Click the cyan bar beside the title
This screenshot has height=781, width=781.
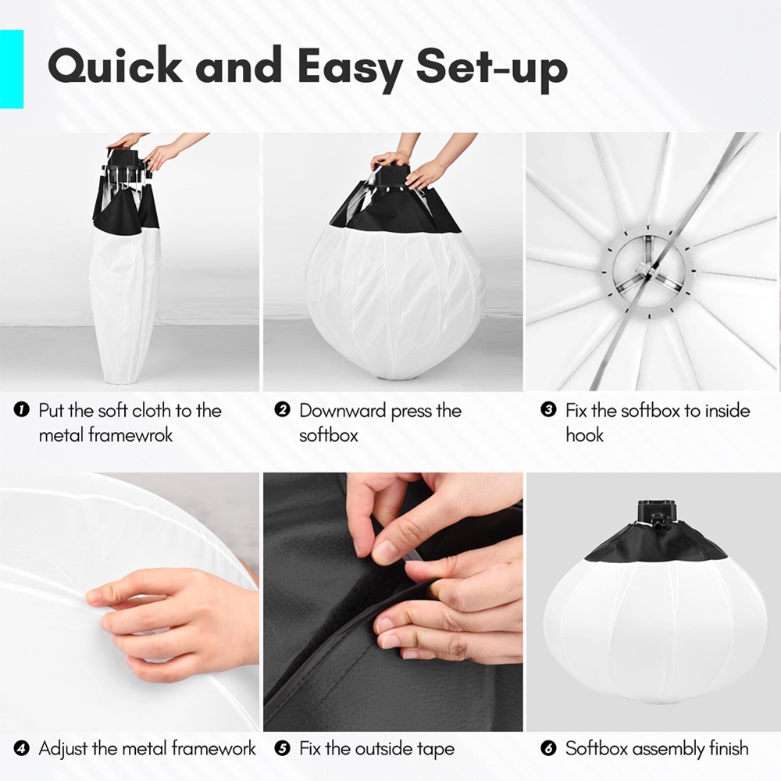(x=12, y=69)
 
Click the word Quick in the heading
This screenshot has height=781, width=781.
(x=115, y=66)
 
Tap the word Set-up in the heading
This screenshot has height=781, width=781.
(x=492, y=70)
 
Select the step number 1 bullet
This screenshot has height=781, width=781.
(x=22, y=410)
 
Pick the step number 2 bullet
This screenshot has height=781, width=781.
(x=282, y=410)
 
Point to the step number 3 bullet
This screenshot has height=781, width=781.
(x=548, y=410)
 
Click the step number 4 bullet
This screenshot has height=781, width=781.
(x=22, y=748)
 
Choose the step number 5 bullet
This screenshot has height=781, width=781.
(x=282, y=748)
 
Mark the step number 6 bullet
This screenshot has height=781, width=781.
(x=548, y=748)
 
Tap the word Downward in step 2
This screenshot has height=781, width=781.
(x=343, y=411)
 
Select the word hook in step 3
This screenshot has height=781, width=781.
(x=584, y=435)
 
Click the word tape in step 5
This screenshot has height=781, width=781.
(x=433, y=750)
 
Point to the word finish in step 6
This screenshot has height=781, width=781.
(x=728, y=748)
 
